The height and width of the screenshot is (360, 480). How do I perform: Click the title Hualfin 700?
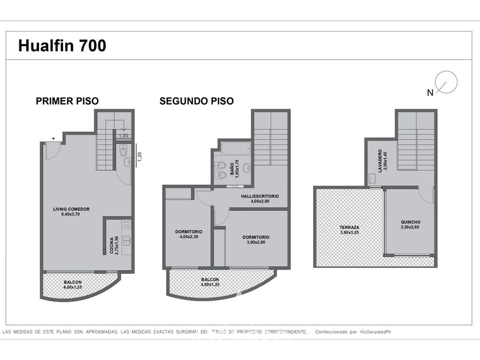(x=62, y=46)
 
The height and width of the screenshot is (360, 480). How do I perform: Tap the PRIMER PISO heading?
(x=67, y=101)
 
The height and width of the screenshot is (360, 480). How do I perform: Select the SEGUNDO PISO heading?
(x=197, y=101)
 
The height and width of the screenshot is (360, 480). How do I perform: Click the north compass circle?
(x=446, y=82)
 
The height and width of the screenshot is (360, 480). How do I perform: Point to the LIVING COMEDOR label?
(x=71, y=211)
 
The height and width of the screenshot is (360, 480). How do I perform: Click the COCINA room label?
(x=114, y=246)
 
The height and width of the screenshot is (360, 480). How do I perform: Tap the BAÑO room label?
(x=234, y=169)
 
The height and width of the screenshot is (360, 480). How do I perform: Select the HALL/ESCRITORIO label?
(x=260, y=199)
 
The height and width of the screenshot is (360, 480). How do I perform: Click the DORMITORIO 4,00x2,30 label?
(x=189, y=234)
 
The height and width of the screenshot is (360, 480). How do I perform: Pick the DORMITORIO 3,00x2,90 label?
(x=256, y=239)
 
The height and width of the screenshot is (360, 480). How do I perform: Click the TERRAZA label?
(x=349, y=230)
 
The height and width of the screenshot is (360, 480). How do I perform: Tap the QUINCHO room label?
(x=410, y=225)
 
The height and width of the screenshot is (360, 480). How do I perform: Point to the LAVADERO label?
(x=382, y=161)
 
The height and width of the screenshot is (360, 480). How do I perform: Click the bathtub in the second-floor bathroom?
(x=235, y=149)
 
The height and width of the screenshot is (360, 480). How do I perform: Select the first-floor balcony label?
(x=73, y=285)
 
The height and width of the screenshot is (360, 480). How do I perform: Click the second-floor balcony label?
(x=210, y=282)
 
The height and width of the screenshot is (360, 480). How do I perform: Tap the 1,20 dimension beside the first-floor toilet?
(x=139, y=157)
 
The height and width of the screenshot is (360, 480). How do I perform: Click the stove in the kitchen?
(x=126, y=224)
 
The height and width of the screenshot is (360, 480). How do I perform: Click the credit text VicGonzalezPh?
(x=375, y=332)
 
